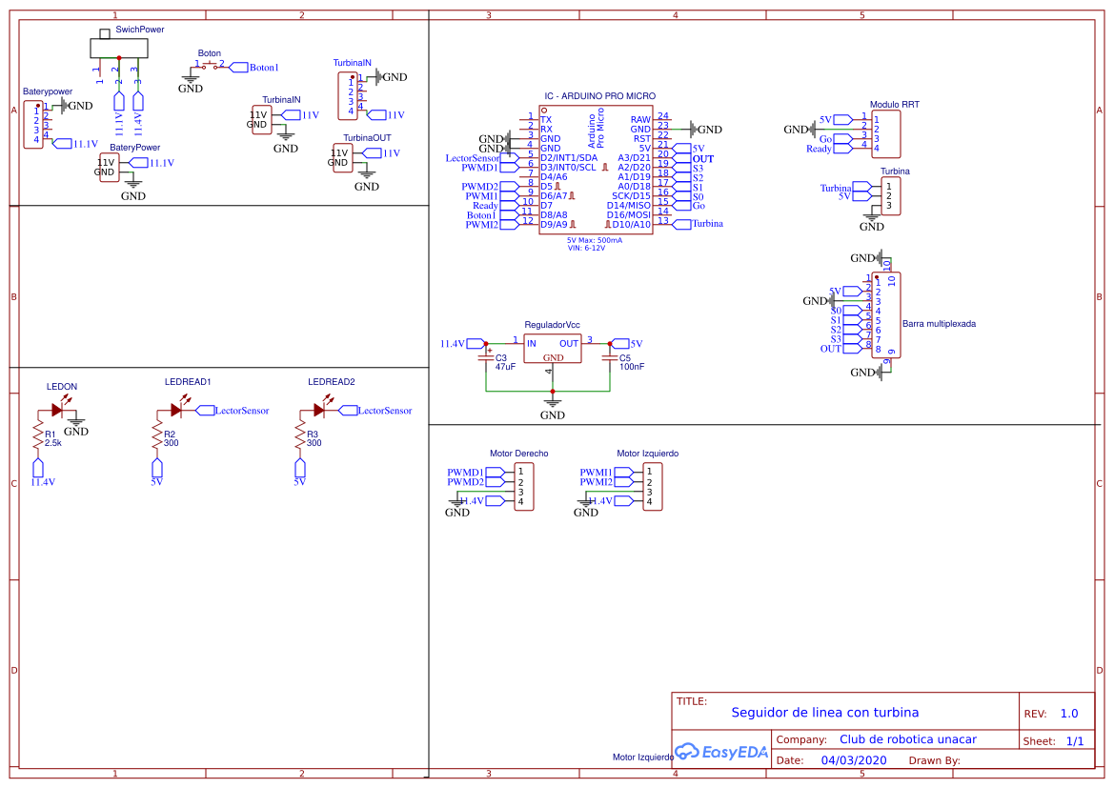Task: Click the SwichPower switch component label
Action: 139,30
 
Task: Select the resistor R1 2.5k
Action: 38,437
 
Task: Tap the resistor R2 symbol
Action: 157,437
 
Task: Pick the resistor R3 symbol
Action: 300,437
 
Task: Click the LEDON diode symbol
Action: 57,411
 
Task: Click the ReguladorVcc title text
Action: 552,325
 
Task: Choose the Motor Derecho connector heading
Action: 518,454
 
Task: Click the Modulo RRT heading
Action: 894,105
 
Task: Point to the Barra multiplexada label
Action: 938,324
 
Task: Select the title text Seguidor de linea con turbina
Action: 824,713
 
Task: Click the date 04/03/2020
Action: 854,760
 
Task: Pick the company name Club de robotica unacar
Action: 907,739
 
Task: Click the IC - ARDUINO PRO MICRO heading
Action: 599,96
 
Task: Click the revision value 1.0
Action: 1069,714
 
